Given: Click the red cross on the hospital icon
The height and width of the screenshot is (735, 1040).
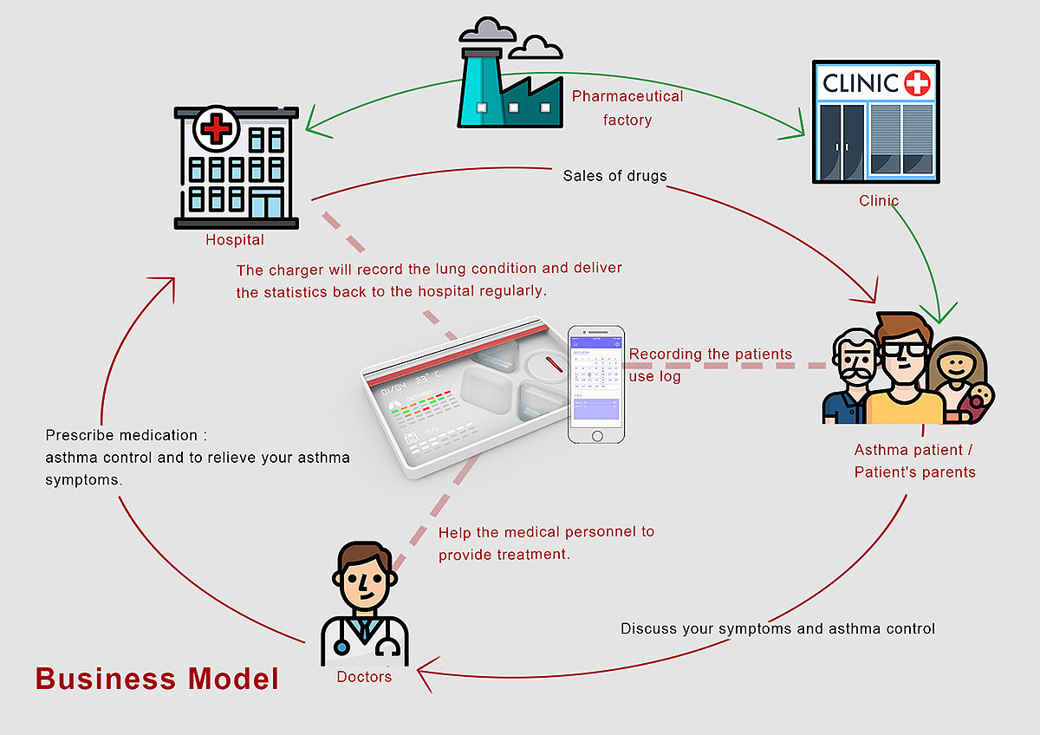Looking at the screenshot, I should click(x=217, y=130).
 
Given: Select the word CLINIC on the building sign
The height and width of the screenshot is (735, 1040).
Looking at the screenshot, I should click(x=860, y=83).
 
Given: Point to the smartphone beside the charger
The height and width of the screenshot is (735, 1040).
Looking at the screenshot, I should click(x=595, y=384).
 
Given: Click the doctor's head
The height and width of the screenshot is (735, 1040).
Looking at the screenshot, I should click(x=364, y=578).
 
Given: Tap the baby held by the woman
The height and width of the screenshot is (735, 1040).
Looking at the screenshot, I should click(x=980, y=400).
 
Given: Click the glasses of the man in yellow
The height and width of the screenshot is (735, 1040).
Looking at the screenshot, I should click(x=902, y=349).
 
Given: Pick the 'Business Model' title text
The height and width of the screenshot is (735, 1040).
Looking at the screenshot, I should click(x=157, y=678).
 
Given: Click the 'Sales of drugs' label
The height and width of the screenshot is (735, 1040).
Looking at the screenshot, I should click(x=614, y=176).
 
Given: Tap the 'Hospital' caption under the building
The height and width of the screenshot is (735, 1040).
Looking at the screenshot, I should click(x=234, y=239).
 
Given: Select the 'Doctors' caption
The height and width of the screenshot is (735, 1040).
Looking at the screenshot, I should click(x=364, y=676).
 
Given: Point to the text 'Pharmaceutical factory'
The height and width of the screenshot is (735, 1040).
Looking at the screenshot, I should click(x=627, y=107).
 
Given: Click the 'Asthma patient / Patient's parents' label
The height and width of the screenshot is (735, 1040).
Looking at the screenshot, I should click(x=914, y=461).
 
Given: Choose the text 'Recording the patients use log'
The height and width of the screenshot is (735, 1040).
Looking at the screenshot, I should click(x=710, y=365).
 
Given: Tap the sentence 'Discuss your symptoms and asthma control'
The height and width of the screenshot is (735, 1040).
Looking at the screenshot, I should click(x=777, y=628).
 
